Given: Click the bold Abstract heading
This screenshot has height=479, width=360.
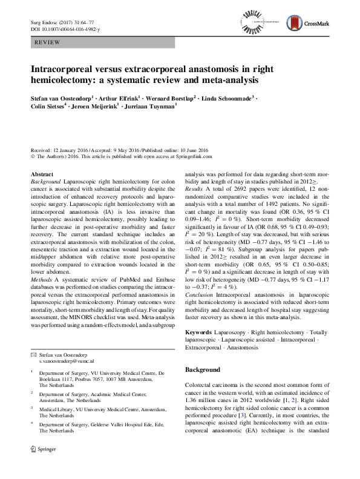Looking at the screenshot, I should (41, 174).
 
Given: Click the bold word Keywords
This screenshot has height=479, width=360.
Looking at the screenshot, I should (198, 332).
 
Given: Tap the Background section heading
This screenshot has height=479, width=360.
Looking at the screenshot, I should (203, 369).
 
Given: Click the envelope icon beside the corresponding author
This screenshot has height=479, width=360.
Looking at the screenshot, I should (34, 353).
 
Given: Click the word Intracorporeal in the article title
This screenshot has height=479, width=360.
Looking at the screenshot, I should (62, 70).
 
